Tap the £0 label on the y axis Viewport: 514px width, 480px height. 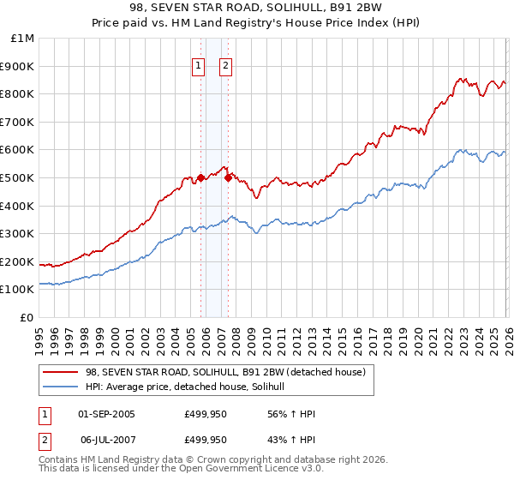(28, 317)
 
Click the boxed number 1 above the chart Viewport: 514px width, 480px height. (199, 65)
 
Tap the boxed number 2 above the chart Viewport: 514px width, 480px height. (226, 65)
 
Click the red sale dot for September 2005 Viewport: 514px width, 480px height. (200, 177)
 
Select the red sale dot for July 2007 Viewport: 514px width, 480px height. (228, 177)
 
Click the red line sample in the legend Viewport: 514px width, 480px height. (60, 372)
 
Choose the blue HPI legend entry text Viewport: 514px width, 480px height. (190, 387)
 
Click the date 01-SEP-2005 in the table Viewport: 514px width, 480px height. (106, 414)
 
